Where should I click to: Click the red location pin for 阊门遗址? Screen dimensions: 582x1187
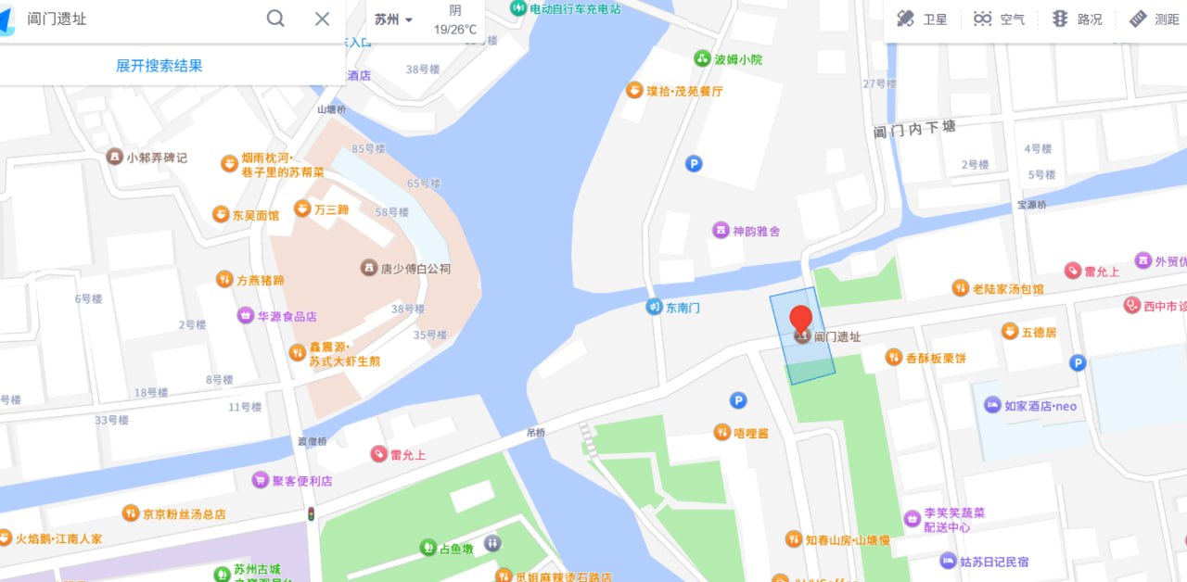(x=801, y=318)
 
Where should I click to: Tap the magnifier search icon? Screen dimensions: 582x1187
(x=275, y=19)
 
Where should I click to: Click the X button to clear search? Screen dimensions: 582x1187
(x=322, y=19)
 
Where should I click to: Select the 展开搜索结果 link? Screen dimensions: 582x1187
(x=159, y=66)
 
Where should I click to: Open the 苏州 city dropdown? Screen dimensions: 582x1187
(x=393, y=19)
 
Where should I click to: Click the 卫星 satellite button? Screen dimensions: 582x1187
(x=921, y=19)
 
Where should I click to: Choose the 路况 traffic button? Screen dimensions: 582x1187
(x=1077, y=19)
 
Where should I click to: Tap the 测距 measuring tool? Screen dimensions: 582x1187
(x=1154, y=19)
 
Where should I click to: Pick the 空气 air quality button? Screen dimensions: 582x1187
(x=999, y=19)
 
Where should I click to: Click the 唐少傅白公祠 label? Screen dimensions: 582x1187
(x=415, y=269)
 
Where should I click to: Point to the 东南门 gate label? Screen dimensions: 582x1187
(x=682, y=307)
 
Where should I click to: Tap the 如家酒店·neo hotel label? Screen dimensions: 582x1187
(x=1040, y=406)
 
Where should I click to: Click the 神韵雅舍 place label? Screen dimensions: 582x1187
(x=756, y=231)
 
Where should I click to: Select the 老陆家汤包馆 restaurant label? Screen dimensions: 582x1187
(x=1007, y=289)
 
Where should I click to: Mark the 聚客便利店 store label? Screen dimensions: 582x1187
(x=301, y=481)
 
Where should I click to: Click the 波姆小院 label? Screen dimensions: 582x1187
(x=737, y=59)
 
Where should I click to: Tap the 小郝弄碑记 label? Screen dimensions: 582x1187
(x=156, y=158)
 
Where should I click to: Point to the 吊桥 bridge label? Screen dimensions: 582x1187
(x=536, y=433)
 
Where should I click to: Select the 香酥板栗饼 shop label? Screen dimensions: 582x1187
(x=935, y=358)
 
